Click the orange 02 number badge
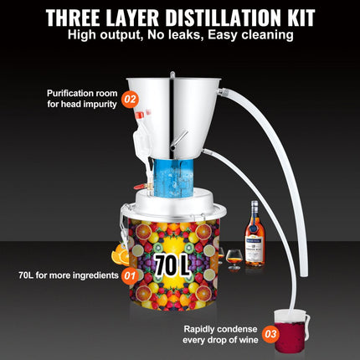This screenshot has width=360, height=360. tap(130, 98)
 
